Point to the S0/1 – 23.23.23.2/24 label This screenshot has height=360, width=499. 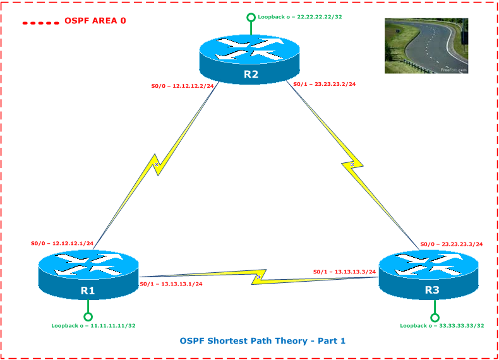tap(324, 83)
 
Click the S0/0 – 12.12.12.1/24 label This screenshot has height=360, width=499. tap(63, 243)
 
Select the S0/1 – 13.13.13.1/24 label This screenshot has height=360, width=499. tap(171, 284)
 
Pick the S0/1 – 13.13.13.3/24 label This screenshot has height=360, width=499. tap(344, 272)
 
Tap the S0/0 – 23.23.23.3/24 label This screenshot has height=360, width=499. tap(452, 244)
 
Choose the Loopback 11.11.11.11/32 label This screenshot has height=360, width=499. tap(93, 326)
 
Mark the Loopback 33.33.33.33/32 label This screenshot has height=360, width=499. tap(442, 326)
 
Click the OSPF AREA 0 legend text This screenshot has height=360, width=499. tap(95, 21)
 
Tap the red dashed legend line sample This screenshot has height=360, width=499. tap(41, 23)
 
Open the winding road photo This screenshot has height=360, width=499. tap(426, 46)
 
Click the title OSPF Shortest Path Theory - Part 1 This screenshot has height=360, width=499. tap(262, 341)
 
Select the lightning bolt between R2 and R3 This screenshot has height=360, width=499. tap(352, 164)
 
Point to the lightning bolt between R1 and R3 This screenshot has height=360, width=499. tap(258, 277)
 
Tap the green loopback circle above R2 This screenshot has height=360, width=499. tap(251, 18)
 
